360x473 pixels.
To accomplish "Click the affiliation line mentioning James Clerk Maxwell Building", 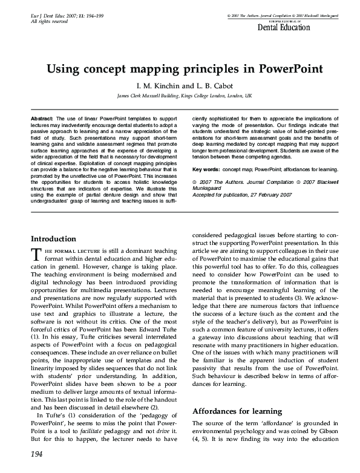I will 185,96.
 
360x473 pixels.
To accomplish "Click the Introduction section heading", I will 53,239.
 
